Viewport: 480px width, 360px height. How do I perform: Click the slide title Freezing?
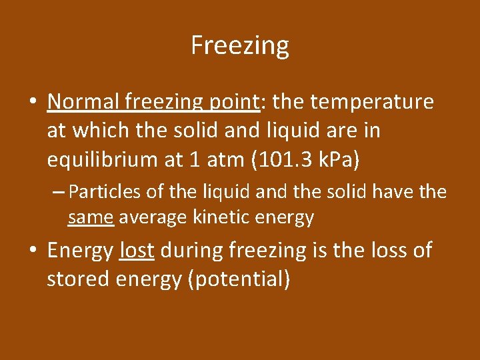click(x=240, y=46)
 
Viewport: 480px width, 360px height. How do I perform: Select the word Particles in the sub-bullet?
click(x=103, y=193)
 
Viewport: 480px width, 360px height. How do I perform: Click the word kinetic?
click(x=219, y=217)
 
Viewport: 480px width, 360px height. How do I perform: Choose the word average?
click(x=153, y=217)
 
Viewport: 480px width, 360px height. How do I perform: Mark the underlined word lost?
click(x=137, y=251)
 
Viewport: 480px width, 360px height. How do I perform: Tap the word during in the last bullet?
click(x=192, y=251)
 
